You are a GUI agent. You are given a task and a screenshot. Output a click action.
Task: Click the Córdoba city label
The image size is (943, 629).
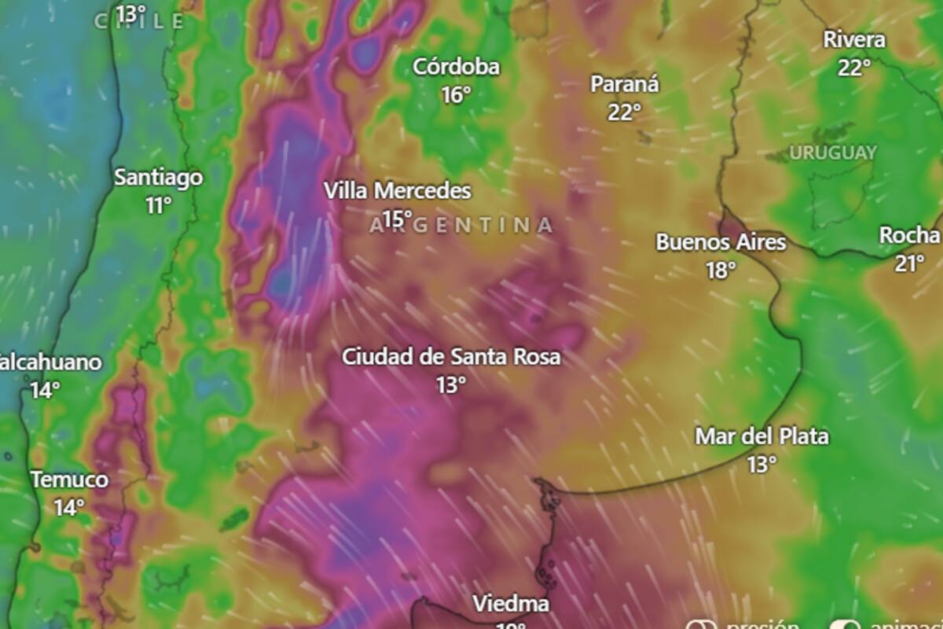coord(456,68)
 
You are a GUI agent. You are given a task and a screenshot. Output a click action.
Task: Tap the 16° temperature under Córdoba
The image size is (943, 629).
coord(456,95)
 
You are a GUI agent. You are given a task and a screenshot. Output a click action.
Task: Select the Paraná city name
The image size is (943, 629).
coord(625,84)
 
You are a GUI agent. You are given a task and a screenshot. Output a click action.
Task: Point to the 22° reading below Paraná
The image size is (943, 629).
coord(625,112)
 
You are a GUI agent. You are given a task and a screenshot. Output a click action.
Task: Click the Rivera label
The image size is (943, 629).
coord(854,40)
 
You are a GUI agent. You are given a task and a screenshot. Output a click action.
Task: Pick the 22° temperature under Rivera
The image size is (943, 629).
coord(854,68)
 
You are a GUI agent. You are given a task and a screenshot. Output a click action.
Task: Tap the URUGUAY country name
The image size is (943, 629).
coord(833,153)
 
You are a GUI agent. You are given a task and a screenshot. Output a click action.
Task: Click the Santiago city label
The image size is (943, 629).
coord(159,178)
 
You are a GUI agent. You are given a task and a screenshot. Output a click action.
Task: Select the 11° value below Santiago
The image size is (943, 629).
coord(159,206)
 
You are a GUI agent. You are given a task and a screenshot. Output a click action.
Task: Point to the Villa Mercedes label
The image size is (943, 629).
coord(398,191)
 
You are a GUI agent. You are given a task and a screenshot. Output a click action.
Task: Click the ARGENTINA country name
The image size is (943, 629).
coord(462,226)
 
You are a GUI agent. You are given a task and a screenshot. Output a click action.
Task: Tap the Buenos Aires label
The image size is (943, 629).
coord(721,242)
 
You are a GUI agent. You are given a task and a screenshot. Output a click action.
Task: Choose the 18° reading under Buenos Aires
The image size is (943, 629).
coord(721,270)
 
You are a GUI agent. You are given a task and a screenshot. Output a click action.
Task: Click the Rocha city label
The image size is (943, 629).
coord(909,236)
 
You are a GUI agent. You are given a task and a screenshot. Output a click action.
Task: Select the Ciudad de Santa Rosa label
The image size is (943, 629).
coord(451,357)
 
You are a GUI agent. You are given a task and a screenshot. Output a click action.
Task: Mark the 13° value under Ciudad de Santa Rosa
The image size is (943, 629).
coord(451,385)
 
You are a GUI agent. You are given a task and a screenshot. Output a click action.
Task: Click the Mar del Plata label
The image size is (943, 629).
coord(762,436)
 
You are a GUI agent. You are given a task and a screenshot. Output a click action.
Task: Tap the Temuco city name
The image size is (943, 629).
coord(70,480)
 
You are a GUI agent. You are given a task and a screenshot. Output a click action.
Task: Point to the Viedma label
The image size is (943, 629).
coord(511,604)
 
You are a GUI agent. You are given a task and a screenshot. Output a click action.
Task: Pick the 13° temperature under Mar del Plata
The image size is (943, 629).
coord(762,465)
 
